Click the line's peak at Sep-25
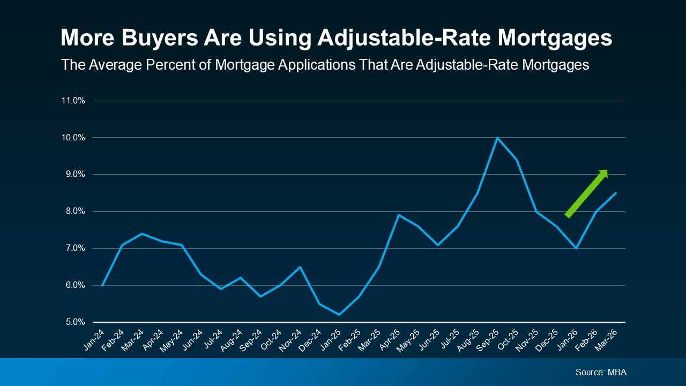point(497,138)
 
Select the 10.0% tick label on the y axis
point(73,138)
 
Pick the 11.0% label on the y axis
point(73,101)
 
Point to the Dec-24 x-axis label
point(311,340)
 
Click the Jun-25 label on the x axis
point(430,340)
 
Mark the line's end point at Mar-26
point(616,193)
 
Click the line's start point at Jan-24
point(102,285)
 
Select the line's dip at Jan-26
point(576,248)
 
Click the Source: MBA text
point(601,372)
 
